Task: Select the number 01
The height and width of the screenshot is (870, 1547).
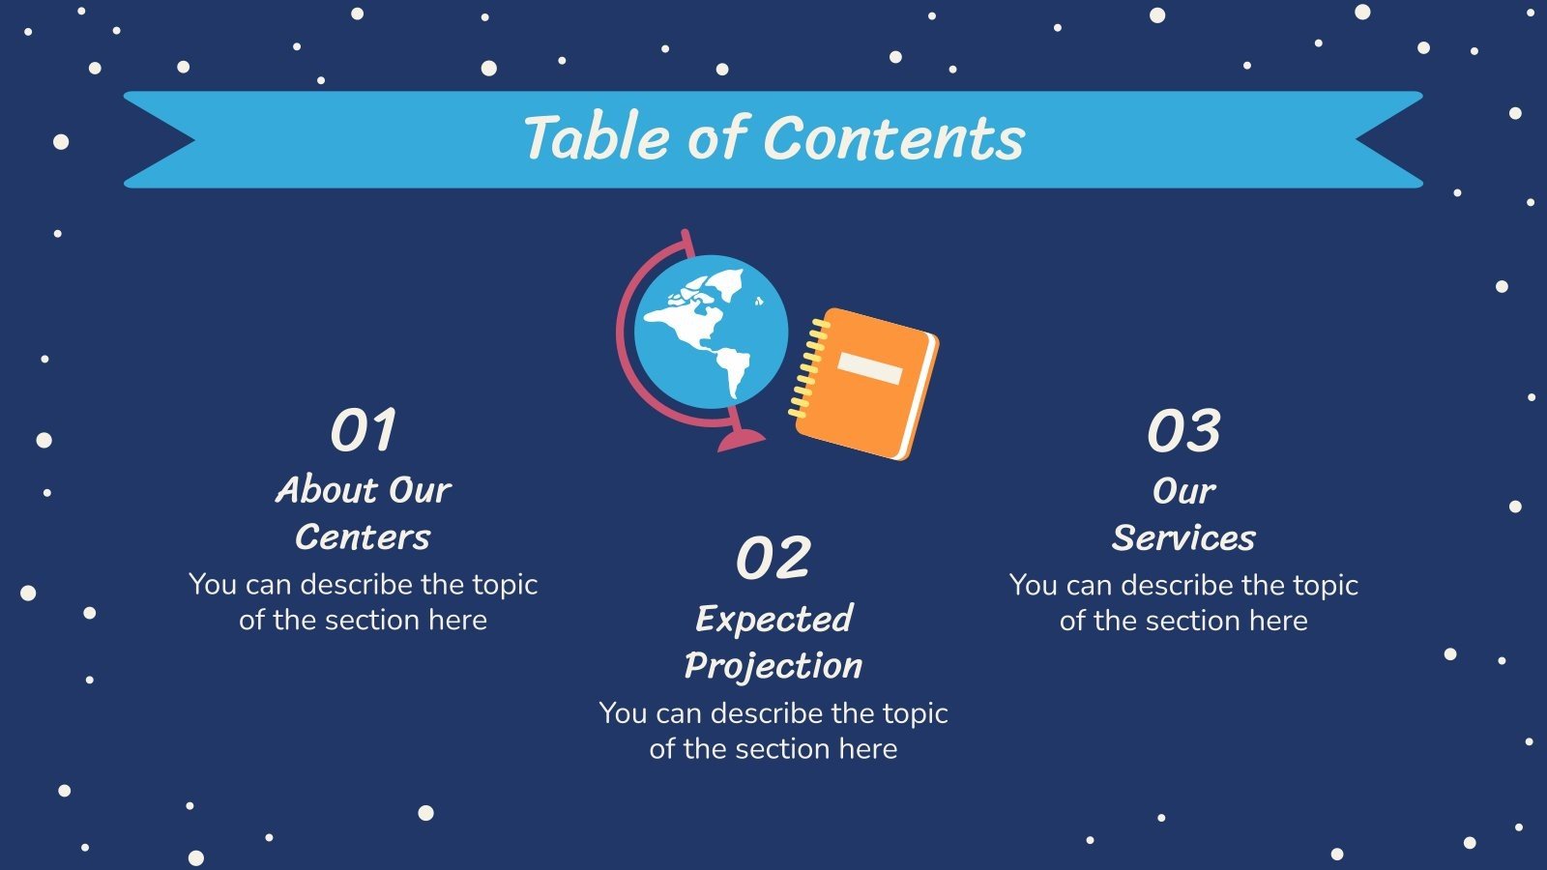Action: click(x=364, y=429)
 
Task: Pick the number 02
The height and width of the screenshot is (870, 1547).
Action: click(x=773, y=558)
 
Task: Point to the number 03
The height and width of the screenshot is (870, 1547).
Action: click(x=1183, y=430)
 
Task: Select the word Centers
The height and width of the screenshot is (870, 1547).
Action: click(x=363, y=537)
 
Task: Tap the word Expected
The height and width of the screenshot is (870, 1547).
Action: click(x=774, y=619)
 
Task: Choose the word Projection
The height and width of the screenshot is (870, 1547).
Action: click(x=773, y=666)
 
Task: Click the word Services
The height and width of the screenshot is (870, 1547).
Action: click(x=1183, y=537)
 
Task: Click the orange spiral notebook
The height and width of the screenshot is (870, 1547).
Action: click(x=866, y=384)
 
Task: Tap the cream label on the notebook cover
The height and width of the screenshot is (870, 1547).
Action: click(x=869, y=368)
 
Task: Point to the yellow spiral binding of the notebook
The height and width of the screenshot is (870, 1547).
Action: click(x=806, y=368)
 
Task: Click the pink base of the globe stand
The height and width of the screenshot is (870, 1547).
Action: click(x=741, y=440)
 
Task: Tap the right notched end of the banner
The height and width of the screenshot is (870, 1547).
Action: click(x=1388, y=139)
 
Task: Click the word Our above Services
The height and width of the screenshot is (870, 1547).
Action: click(x=1183, y=491)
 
